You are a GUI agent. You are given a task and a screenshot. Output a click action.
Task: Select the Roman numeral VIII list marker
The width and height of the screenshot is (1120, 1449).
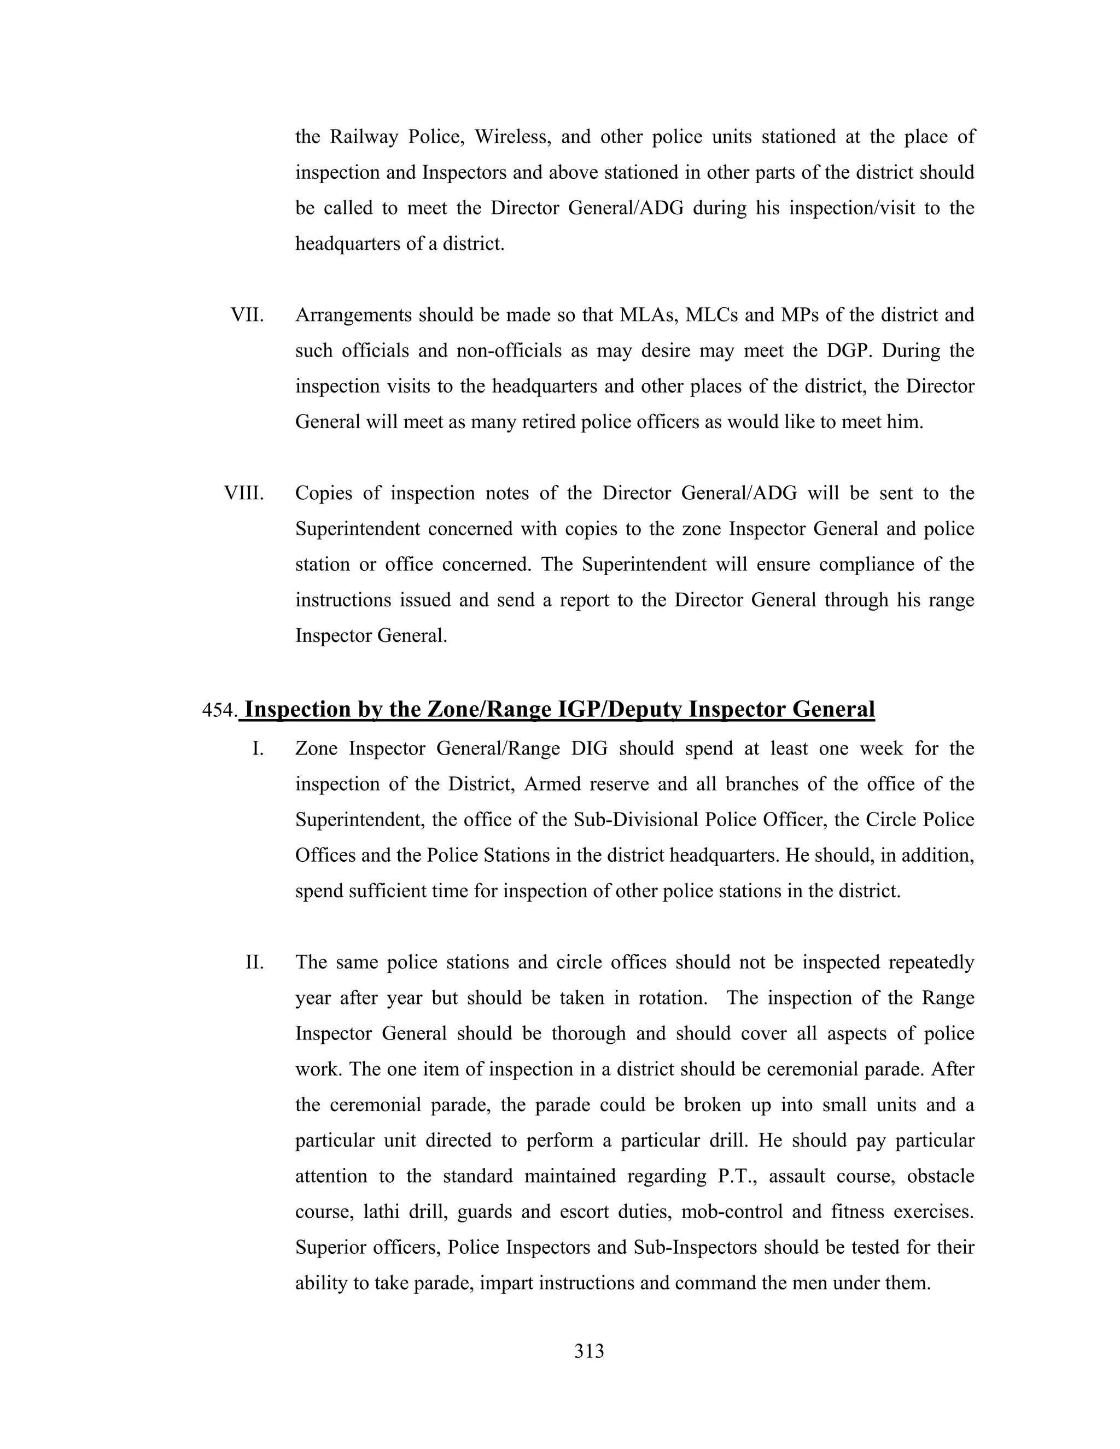243,493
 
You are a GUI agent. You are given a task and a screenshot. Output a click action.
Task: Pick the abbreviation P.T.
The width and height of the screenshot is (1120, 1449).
742,1176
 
